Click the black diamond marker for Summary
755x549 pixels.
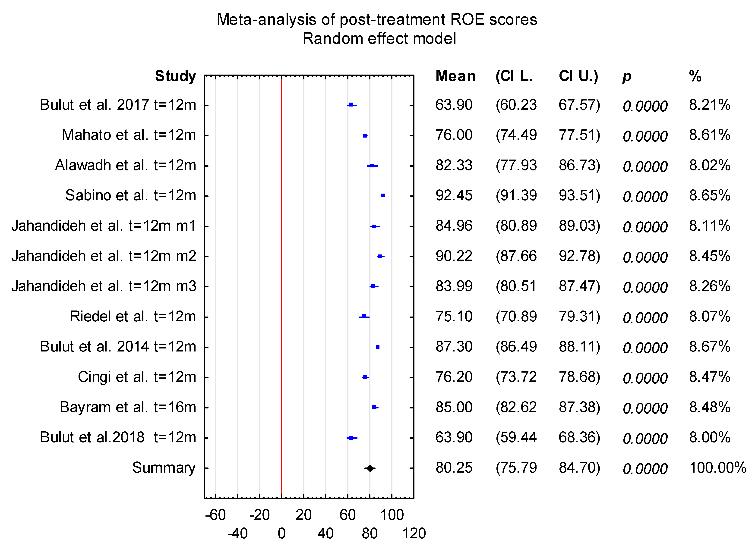coord(370,468)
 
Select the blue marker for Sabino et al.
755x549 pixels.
coord(383,196)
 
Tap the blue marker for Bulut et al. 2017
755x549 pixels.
coord(351,105)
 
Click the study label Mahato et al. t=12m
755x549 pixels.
coord(129,135)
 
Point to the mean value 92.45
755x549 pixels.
coord(454,195)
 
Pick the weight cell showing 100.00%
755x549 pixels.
coord(718,467)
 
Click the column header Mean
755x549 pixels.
coord(455,76)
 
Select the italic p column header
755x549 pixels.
coord(626,77)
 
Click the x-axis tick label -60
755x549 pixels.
coord(215,515)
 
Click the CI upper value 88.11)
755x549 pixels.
coord(579,346)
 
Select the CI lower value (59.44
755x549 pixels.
coord(516,437)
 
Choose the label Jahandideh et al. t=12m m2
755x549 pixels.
coord(104,256)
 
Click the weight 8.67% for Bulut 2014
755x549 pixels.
coord(709,346)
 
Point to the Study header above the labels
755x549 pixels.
coord(175,76)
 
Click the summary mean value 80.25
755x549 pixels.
coord(454,467)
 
